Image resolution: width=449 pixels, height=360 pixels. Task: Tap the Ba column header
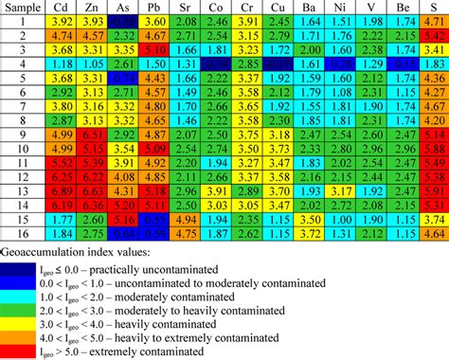308,8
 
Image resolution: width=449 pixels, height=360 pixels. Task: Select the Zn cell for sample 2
93,34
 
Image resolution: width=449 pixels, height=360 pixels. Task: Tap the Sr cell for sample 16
186,233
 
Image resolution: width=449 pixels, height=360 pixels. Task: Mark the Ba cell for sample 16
308,233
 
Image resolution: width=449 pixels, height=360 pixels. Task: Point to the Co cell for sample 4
216,63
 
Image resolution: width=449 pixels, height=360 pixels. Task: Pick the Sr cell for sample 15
186,219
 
